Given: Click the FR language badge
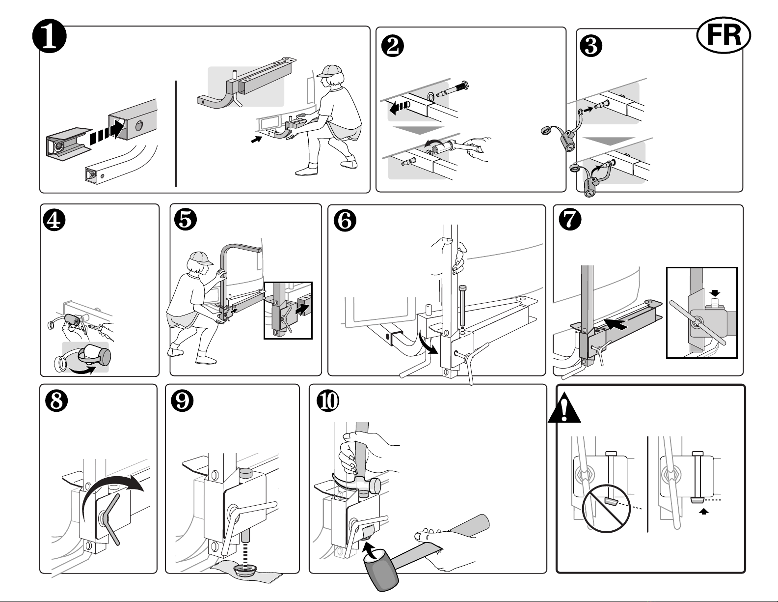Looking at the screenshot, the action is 724,35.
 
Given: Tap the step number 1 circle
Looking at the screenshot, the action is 50,36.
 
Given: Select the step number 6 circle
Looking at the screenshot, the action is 345,220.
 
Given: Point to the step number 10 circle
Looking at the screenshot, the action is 328,401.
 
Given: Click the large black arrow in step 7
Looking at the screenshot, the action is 615,323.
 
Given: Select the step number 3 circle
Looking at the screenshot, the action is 591,46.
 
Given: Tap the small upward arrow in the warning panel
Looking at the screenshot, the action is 703,512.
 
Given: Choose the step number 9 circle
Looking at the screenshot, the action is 182,401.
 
